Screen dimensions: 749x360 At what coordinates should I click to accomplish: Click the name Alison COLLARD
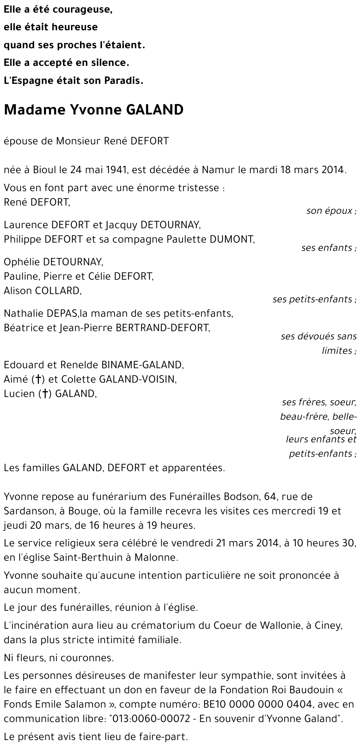click(42, 291)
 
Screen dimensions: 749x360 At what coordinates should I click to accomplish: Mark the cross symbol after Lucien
click(45, 394)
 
